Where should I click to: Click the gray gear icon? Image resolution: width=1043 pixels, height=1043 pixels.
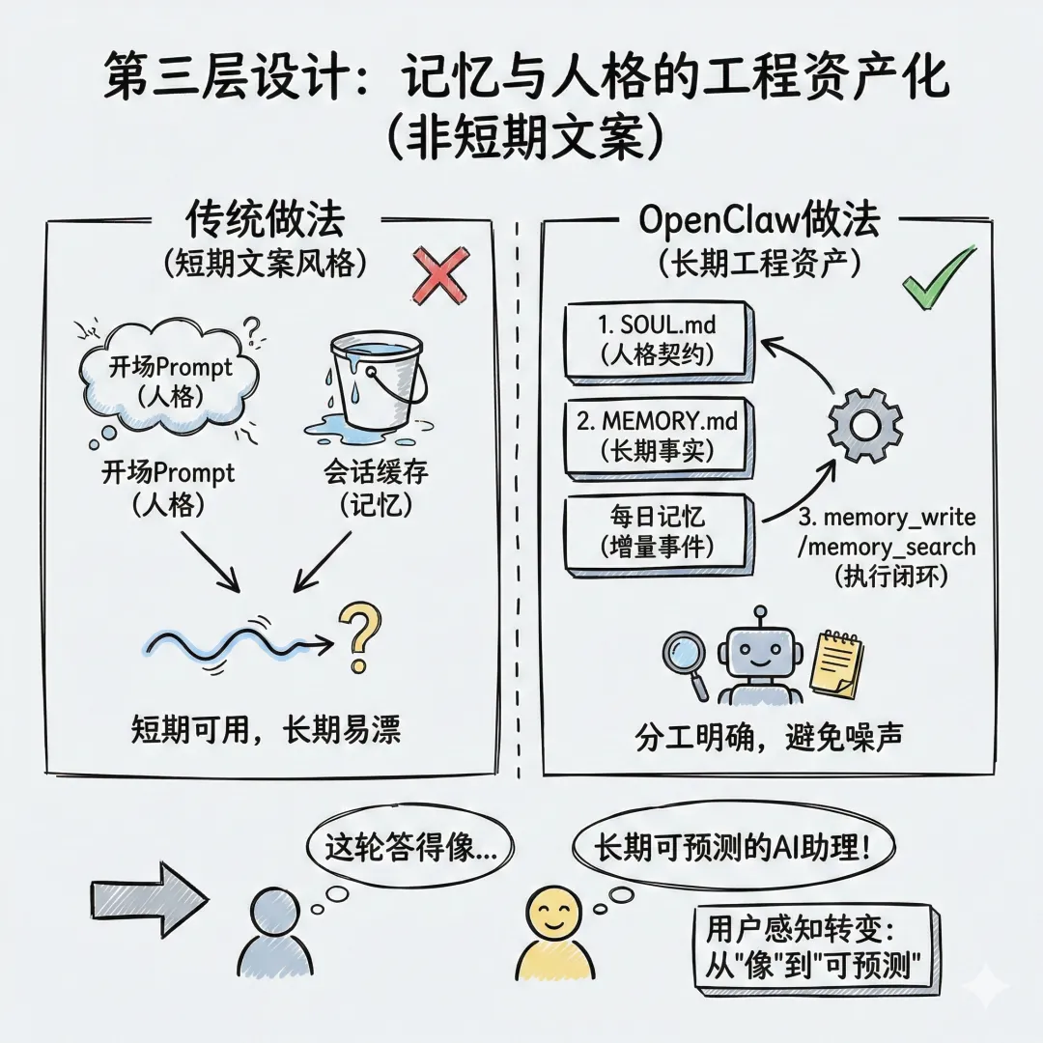(x=865, y=425)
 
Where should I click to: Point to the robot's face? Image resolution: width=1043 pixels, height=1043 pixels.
(x=760, y=656)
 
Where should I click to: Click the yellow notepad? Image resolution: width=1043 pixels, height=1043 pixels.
(x=836, y=665)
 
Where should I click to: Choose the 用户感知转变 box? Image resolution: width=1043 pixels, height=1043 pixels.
(x=816, y=947)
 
